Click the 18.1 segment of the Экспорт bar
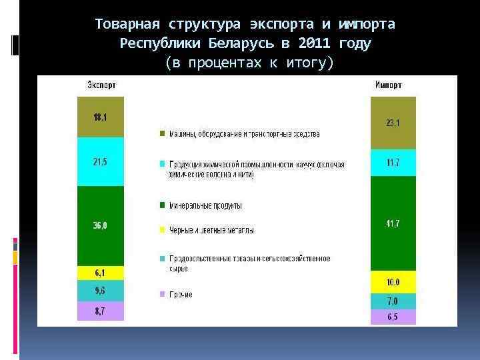pyautogui.click(x=101, y=117)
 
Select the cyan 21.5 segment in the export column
pyautogui.click(x=101, y=162)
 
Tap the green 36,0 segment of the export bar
pyautogui.click(x=101, y=225)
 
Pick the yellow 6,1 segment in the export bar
pyautogui.click(x=101, y=273)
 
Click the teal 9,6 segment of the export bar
pyautogui.click(x=101, y=291)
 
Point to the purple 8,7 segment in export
pyautogui.click(x=101, y=311)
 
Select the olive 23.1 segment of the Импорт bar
pyautogui.click(x=393, y=123)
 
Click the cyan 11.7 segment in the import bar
pyautogui.click(x=393, y=163)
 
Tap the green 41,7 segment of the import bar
pyautogui.click(x=393, y=224)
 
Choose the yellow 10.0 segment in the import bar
pyautogui.click(x=393, y=282)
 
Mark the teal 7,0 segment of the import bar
pyautogui.click(x=393, y=301)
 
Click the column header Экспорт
pyautogui.click(x=100, y=85)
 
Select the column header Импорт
pyautogui.click(x=388, y=85)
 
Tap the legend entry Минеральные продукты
pyautogui.click(x=205, y=205)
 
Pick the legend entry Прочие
pyautogui.click(x=181, y=294)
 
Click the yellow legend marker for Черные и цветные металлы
pyautogui.click(x=162, y=231)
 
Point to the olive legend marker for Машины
pyautogui.click(x=162, y=134)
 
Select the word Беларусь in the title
pyautogui.click(x=236, y=44)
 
